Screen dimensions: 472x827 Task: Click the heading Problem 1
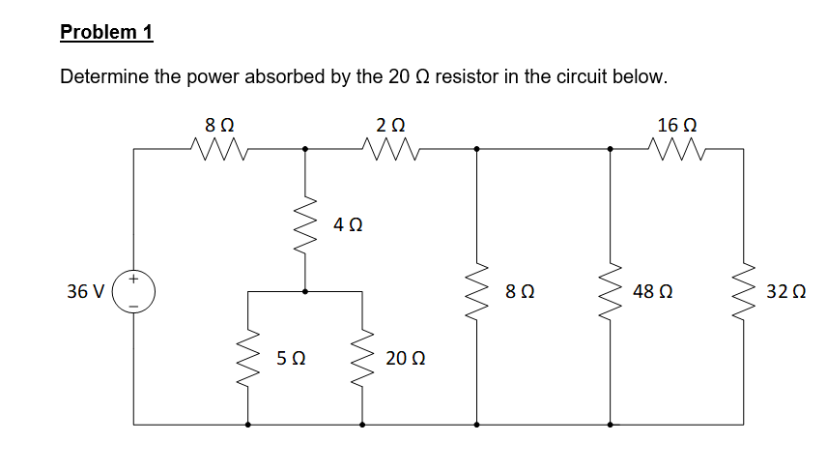click(106, 32)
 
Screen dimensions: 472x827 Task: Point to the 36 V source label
click(85, 290)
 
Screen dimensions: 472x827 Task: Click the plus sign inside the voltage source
click(134, 279)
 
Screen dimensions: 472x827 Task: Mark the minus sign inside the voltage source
click(134, 301)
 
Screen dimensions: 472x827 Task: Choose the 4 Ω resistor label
click(347, 225)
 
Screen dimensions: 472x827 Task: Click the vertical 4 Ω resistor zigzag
click(306, 224)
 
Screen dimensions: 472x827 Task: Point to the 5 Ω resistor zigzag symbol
click(248, 358)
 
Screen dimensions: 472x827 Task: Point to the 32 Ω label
click(785, 290)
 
